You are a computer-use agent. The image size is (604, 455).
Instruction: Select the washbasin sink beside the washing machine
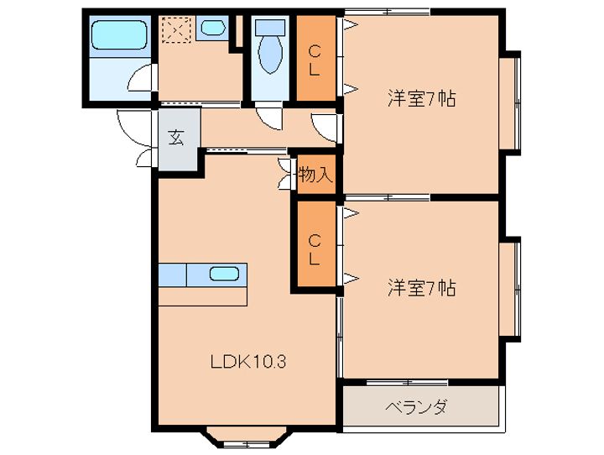[213, 27]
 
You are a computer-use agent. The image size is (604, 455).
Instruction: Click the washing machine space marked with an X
[177, 29]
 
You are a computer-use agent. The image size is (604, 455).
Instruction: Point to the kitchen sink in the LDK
[223, 273]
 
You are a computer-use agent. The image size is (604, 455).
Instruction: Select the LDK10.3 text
[249, 363]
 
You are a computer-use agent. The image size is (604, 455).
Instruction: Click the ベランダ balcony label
[416, 408]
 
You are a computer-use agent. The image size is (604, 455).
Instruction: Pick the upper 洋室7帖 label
[421, 98]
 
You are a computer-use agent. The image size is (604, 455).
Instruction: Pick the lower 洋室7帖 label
[421, 288]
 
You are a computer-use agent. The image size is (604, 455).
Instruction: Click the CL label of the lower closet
[314, 249]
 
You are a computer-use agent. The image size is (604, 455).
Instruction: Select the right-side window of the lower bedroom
[513, 290]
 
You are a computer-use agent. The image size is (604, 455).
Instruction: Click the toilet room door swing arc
[268, 118]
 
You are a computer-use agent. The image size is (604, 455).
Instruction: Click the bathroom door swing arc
[143, 80]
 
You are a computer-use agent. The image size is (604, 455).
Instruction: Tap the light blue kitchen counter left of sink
[171, 274]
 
